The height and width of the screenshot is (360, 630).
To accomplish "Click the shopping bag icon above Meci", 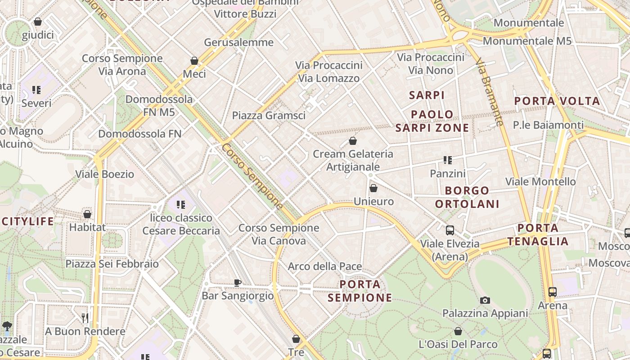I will click(x=194, y=61).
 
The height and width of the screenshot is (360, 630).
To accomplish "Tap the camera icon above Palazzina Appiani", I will click(x=485, y=300).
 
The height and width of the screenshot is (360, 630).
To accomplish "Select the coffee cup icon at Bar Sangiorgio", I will click(x=237, y=283).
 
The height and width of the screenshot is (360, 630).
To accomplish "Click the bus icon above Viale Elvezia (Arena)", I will click(x=450, y=230).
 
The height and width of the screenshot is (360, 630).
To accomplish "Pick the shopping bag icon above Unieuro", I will click(x=373, y=188).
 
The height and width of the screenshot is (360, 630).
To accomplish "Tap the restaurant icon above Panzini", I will click(x=447, y=160).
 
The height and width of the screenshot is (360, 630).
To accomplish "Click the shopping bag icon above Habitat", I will click(x=87, y=214).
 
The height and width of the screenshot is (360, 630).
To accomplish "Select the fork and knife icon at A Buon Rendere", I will click(x=85, y=318).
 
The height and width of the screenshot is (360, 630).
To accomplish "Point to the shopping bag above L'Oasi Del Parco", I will click(x=458, y=332).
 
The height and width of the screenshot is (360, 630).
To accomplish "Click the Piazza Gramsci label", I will click(x=269, y=116).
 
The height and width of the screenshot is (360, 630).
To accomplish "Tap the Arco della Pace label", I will click(x=325, y=266).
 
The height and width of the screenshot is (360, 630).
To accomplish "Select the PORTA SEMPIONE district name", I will click(x=360, y=291).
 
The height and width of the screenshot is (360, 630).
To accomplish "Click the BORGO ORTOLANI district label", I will click(x=467, y=197).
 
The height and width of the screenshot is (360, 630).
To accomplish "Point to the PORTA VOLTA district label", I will click(x=557, y=101).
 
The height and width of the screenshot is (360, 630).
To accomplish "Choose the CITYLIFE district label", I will click(x=28, y=221).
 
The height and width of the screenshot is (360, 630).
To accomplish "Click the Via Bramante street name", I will click(x=489, y=92).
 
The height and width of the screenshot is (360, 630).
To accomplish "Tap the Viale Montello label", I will click(x=540, y=182).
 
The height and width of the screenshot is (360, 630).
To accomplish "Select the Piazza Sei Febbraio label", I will click(x=112, y=264).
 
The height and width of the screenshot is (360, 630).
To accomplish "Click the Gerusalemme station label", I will click(x=238, y=43).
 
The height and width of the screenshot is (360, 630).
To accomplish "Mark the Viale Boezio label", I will click(x=104, y=174).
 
